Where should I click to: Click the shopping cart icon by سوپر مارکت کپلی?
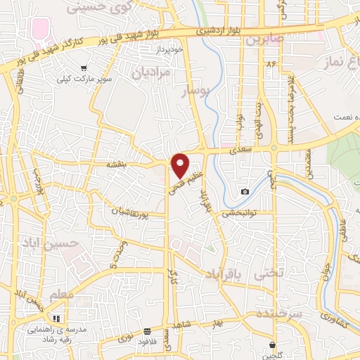tap(84, 68)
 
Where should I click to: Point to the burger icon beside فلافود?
tap(147, 331)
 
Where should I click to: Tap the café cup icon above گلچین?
tap(273, 345)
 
